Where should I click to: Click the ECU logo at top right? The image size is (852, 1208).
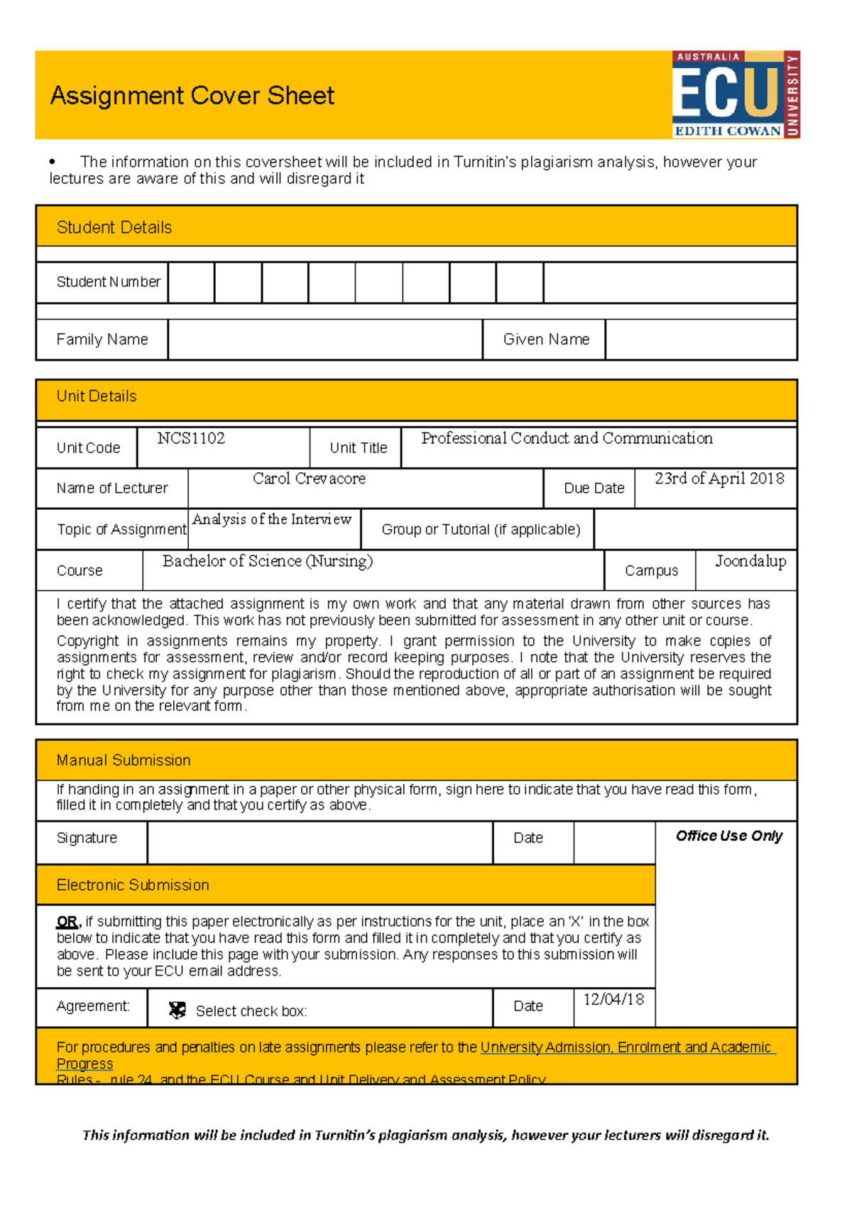(736, 94)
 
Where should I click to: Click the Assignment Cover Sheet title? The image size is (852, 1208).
(192, 96)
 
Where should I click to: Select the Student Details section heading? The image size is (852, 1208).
(114, 227)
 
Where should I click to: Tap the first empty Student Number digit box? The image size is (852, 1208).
(191, 283)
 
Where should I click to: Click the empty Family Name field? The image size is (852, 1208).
(325, 339)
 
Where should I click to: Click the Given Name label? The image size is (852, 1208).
(546, 339)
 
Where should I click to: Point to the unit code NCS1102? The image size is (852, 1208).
(191, 438)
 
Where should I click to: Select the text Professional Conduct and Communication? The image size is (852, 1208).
(567, 438)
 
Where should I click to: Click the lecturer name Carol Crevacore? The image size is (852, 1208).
(309, 479)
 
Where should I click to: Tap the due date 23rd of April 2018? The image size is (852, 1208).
(719, 479)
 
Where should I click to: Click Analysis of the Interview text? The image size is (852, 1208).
(272, 519)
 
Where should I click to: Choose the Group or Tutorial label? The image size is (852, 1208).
(481, 529)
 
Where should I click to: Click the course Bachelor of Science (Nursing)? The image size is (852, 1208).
(267, 561)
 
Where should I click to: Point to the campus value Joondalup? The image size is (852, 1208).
(750, 561)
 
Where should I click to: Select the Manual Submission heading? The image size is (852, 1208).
(124, 761)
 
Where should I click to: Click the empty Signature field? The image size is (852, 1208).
(319, 842)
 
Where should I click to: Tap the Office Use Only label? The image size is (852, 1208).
(728, 836)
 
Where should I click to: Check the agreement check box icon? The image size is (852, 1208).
(177, 1010)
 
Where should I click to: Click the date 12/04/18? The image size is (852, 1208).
(613, 999)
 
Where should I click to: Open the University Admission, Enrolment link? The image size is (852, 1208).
(625, 1048)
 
